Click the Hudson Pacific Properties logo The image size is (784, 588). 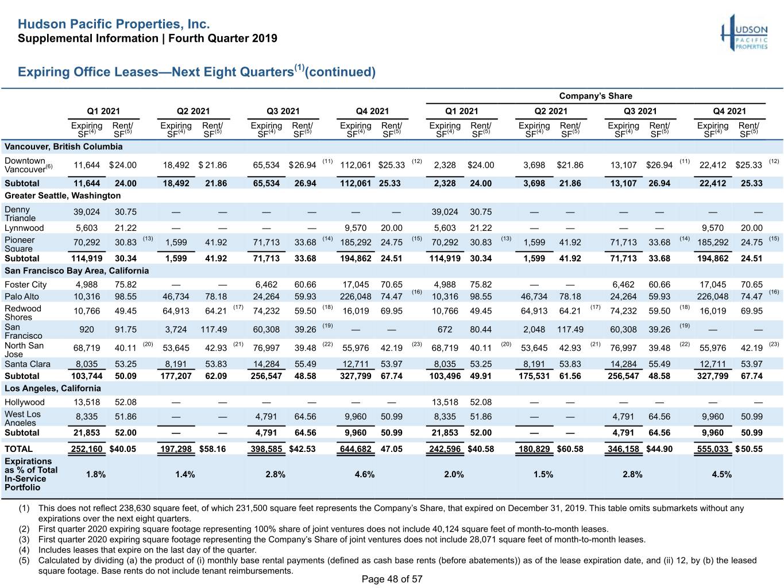(x=744, y=33)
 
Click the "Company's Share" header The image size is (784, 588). (x=596, y=96)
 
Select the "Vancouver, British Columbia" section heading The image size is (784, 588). (x=63, y=146)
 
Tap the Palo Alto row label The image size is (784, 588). (x=22, y=296)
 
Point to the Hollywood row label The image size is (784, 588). (x=25, y=402)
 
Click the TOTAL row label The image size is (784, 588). (x=18, y=449)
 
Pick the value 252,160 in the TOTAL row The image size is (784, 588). (x=86, y=449)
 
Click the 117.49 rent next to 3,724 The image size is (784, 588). (x=214, y=329)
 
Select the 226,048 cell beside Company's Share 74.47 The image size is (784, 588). (x=713, y=296)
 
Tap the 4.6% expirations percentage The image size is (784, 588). (x=364, y=474)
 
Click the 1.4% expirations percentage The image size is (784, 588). (x=185, y=474)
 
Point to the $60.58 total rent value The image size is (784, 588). (x=570, y=449)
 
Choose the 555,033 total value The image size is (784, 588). (x=713, y=449)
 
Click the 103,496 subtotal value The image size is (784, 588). (x=445, y=376)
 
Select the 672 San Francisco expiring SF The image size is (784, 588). (x=445, y=329)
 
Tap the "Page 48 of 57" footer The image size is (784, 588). (x=392, y=579)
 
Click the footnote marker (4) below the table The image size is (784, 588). (x=24, y=550)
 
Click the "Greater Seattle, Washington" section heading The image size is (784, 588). (x=63, y=196)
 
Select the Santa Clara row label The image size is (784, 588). (x=28, y=364)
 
